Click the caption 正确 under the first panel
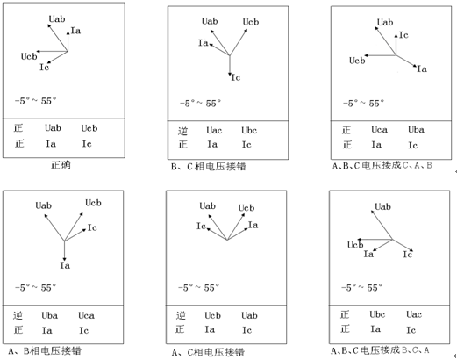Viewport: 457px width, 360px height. (x=61, y=165)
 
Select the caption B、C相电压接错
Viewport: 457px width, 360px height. (x=209, y=167)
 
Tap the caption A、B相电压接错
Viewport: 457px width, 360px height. (x=45, y=350)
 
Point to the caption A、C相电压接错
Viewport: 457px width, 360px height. (x=208, y=352)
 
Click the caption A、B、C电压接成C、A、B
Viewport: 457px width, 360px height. (x=382, y=166)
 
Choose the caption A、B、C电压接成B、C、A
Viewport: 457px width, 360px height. (x=380, y=350)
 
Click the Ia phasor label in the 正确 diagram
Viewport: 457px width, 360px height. (x=75, y=31)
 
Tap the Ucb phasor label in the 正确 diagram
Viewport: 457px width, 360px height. (x=29, y=56)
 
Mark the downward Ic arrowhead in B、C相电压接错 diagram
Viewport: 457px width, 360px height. (x=230, y=75)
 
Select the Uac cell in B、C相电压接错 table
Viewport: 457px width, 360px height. (x=214, y=130)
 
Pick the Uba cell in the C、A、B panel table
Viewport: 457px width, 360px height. (x=416, y=130)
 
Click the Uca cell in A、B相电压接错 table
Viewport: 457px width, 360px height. (x=86, y=315)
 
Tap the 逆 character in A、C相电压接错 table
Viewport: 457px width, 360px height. (x=181, y=315)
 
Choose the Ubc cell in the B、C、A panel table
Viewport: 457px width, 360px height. (x=377, y=314)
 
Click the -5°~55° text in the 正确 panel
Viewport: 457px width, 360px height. (x=35, y=101)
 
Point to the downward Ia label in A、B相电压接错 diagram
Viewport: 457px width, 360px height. (x=65, y=265)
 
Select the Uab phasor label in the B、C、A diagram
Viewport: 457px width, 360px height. (x=382, y=207)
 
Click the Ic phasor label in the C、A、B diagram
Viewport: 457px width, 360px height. (x=403, y=35)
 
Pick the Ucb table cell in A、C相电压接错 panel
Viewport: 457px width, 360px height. (x=212, y=315)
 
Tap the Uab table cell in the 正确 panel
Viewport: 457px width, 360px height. (x=53, y=128)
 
